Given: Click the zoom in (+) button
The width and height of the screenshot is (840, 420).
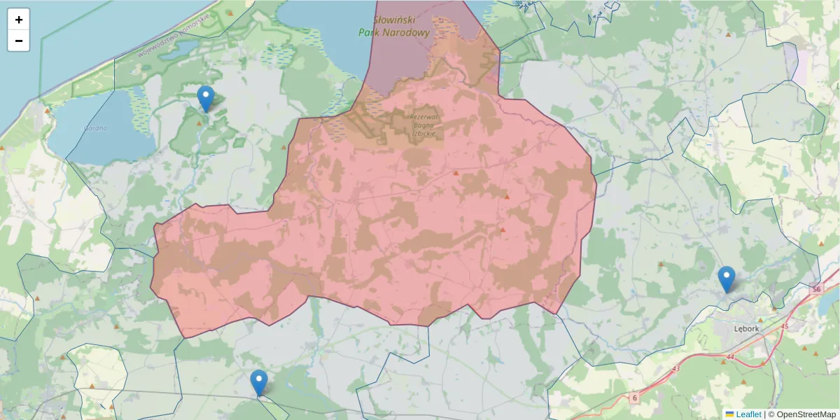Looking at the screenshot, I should (x=19, y=20).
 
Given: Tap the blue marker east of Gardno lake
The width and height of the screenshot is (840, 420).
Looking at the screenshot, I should (x=205, y=99).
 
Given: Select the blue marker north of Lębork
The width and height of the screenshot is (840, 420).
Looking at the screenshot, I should (x=727, y=279).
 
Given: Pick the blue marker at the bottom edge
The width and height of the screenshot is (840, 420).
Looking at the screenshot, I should (x=259, y=382).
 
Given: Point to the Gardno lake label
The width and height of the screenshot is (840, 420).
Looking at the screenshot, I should (x=94, y=128).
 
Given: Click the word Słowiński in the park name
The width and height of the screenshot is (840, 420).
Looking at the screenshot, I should (x=397, y=21).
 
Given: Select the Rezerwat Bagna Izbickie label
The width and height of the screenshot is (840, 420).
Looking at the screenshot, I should (x=424, y=125).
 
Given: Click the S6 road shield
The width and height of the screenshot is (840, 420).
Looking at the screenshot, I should (x=816, y=289).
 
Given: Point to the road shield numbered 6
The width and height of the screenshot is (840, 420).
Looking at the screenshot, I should (x=634, y=398).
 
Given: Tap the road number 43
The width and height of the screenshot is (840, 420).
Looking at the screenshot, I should (x=675, y=368).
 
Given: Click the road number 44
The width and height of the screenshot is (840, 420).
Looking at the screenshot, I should (x=731, y=356).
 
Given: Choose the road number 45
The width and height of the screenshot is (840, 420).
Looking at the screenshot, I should (x=784, y=326).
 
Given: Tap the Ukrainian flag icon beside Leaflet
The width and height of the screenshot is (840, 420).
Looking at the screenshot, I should (x=729, y=414).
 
